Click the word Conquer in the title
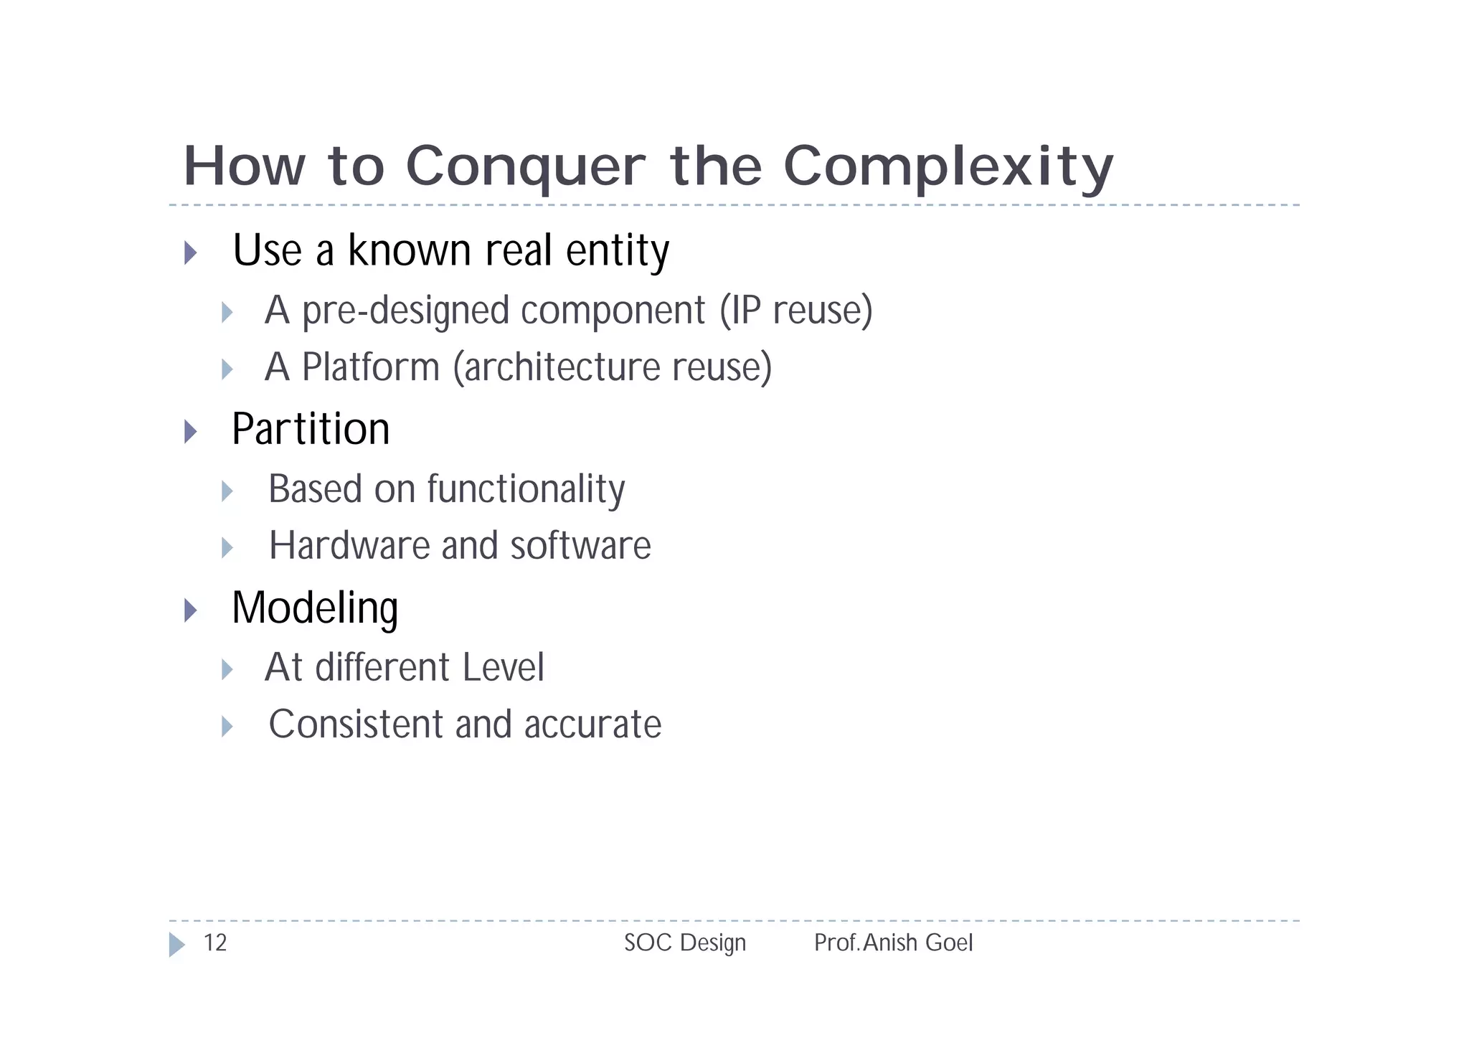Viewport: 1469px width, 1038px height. (525, 166)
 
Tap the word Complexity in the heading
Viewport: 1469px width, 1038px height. (948, 166)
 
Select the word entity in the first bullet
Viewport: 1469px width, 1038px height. (617, 251)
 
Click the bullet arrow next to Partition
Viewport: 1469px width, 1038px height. (190, 431)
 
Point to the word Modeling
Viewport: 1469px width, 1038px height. (314, 608)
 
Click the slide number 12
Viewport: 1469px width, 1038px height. (214, 943)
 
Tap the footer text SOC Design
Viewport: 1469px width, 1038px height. (684, 943)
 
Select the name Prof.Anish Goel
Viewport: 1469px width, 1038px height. (893, 943)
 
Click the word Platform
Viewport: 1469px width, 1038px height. (370, 367)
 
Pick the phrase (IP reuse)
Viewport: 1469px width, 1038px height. (796, 311)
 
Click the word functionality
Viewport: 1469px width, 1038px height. (526, 489)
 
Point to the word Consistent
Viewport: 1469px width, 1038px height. (355, 725)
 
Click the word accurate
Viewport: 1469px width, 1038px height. (592, 725)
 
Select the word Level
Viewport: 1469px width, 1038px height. (503, 668)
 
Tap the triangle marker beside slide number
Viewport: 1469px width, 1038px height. (176, 944)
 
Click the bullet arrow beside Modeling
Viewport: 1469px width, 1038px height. (190, 610)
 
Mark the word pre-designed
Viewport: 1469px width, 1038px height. (406, 311)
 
